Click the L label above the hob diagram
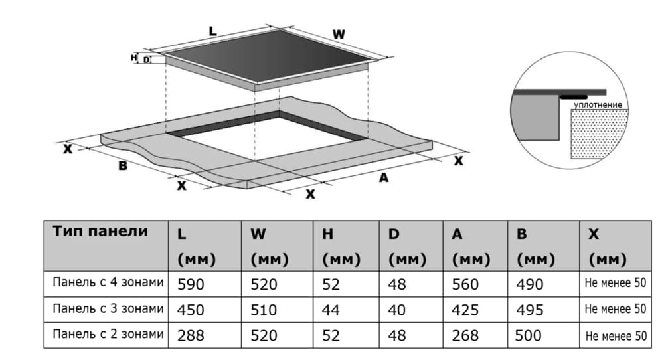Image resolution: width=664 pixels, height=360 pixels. tap(212, 31)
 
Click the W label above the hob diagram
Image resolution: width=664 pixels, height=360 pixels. tap(339, 35)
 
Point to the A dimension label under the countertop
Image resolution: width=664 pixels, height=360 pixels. tap(384, 177)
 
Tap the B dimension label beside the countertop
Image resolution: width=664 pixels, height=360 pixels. tap(123, 165)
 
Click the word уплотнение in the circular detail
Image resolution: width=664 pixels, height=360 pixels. tap(598, 104)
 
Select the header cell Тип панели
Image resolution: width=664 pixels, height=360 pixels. tap(100, 231)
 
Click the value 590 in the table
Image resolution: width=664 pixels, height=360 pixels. tap(191, 284)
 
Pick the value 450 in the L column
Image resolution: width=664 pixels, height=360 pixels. tap(191, 310)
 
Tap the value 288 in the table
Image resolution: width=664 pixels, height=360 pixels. tap(191, 335)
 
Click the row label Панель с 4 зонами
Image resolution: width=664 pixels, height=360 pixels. tap(108, 282)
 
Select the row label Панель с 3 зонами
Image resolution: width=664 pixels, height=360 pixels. tap(108, 308)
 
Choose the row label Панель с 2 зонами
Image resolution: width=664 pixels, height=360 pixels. tap(108, 334)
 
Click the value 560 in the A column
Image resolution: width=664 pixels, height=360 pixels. tap(465, 284)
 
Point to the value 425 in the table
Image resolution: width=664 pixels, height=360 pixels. tap(465, 310)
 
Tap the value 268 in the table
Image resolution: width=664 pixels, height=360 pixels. tap(465, 335)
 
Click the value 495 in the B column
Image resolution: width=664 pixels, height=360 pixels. tap(530, 310)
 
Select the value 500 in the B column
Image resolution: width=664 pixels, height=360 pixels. tap(528, 335)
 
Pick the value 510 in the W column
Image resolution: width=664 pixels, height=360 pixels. tap(264, 310)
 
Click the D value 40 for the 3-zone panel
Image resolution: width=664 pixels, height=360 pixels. tap(397, 310)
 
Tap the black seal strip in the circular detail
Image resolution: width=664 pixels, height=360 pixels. tap(574, 97)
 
